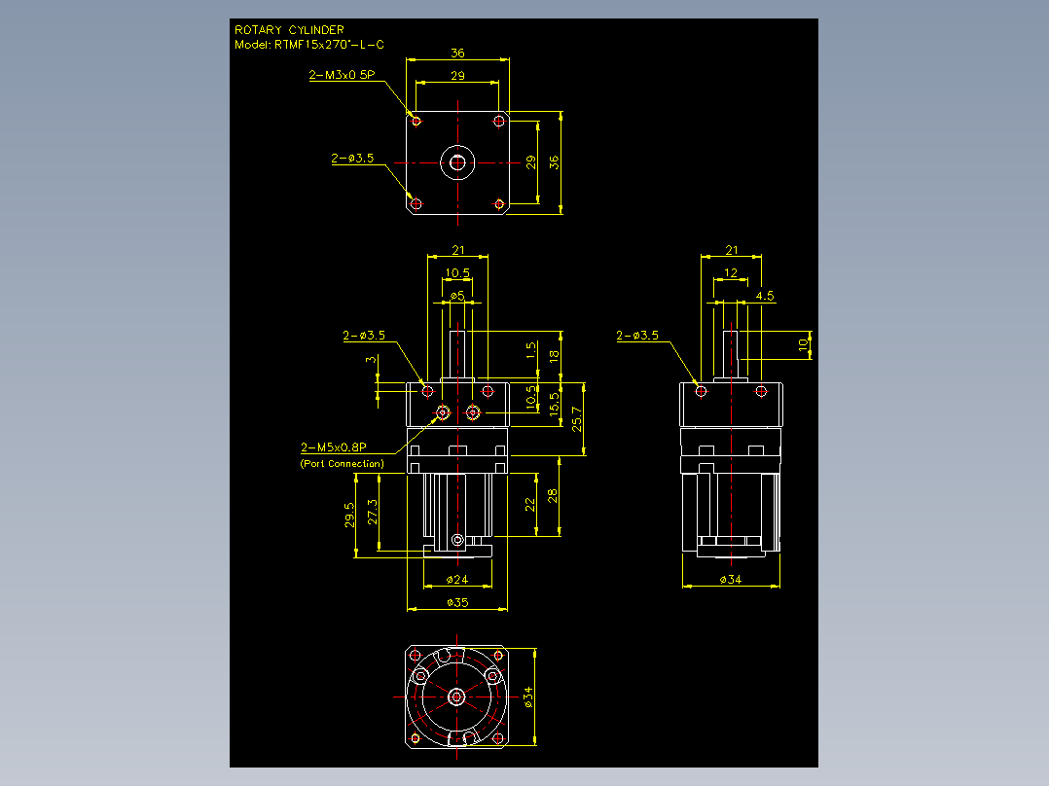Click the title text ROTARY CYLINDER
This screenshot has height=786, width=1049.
[x=289, y=30]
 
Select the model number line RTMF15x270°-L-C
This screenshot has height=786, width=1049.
[x=329, y=45]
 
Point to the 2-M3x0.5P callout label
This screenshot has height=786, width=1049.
[x=342, y=75]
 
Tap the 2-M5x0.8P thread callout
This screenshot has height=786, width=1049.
[x=333, y=447]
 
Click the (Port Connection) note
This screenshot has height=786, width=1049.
[x=342, y=464]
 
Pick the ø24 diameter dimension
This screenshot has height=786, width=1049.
[x=457, y=580]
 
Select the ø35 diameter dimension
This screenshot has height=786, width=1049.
[x=457, y=603]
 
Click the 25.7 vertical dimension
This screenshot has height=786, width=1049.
[x=577, y=418]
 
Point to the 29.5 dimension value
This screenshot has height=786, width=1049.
[x=349, y=515]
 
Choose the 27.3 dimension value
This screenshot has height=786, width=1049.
[x=373, y=512]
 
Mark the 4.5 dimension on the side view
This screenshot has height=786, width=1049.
[x=765, y=296]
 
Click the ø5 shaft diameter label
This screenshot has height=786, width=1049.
[x=457, y=296]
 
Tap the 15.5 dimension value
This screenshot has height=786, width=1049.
[x=554, y=405]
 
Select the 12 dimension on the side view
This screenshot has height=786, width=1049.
[x=731, y=273]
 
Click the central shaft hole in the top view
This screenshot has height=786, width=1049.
[x=457, y=162]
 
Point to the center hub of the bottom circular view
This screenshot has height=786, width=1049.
[x=456, y=697]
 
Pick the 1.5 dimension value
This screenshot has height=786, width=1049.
[x=531, y=350]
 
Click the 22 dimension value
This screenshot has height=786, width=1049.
[x=529, y=504]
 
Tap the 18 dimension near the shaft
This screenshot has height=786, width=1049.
[x=554, y=357]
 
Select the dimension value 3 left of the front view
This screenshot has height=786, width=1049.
[x=371, y=360]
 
